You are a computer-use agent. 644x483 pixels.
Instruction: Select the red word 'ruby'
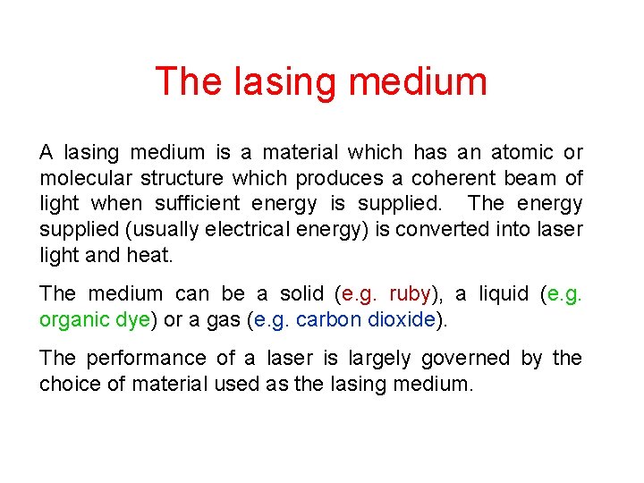coord(410,293)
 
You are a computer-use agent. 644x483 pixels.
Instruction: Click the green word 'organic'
coord(73,319)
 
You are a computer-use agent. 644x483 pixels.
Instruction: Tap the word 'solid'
coord(300,293)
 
